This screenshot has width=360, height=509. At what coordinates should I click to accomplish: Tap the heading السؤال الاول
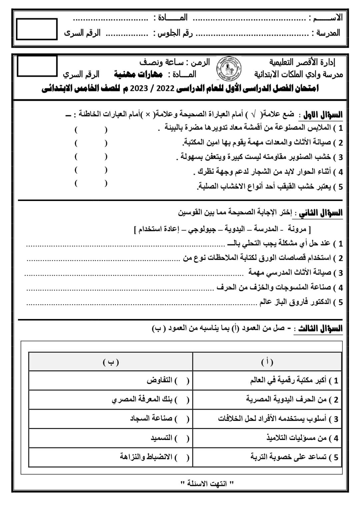[321, 115]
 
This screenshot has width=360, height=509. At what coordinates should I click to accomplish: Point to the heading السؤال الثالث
[318, 328]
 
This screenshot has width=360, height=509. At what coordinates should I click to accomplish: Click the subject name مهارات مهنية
[138, 74]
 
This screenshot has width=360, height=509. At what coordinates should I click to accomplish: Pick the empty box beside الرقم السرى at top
[37, 29]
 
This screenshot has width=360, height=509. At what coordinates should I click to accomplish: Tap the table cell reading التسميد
[161, 438]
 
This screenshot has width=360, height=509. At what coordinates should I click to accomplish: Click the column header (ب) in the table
[111, 362]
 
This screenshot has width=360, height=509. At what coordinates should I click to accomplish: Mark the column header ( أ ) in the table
[267, 362]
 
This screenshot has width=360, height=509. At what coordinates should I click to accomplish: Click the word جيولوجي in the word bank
[202, 229]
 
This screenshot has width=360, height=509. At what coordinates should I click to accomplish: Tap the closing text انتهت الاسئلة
[207, 483]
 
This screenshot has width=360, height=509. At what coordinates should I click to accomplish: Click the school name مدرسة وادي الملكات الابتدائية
[298, 74]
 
